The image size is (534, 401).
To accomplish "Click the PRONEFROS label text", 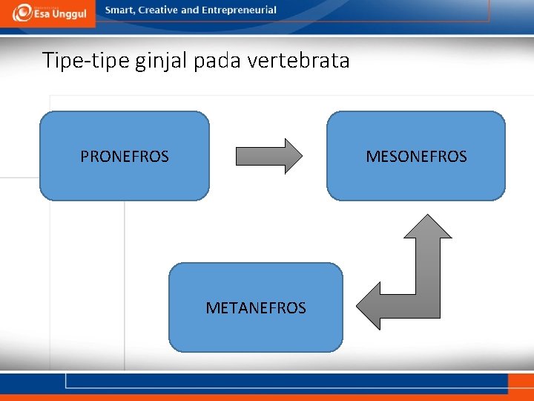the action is coord(125,157).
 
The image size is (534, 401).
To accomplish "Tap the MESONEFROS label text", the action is coord(416,157).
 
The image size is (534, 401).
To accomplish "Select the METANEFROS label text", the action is coord(256,308).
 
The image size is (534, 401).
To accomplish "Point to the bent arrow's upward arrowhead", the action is coord(427,226).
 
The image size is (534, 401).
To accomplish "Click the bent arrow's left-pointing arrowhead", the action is coord(369,305).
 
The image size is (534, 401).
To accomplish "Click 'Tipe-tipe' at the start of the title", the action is coord(86,60).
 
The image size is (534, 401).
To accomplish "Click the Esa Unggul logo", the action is coord(49,13).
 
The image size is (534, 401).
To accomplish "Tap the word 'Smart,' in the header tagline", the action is coord(121,10).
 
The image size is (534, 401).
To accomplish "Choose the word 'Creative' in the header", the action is coord(159,10).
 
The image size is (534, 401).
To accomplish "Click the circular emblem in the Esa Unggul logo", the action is coord(22,13).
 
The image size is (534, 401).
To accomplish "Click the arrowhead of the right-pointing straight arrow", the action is coord(294,156).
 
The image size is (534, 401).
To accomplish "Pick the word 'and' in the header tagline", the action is coord(190,10).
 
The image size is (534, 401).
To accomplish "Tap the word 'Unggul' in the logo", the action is coord(70,15).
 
